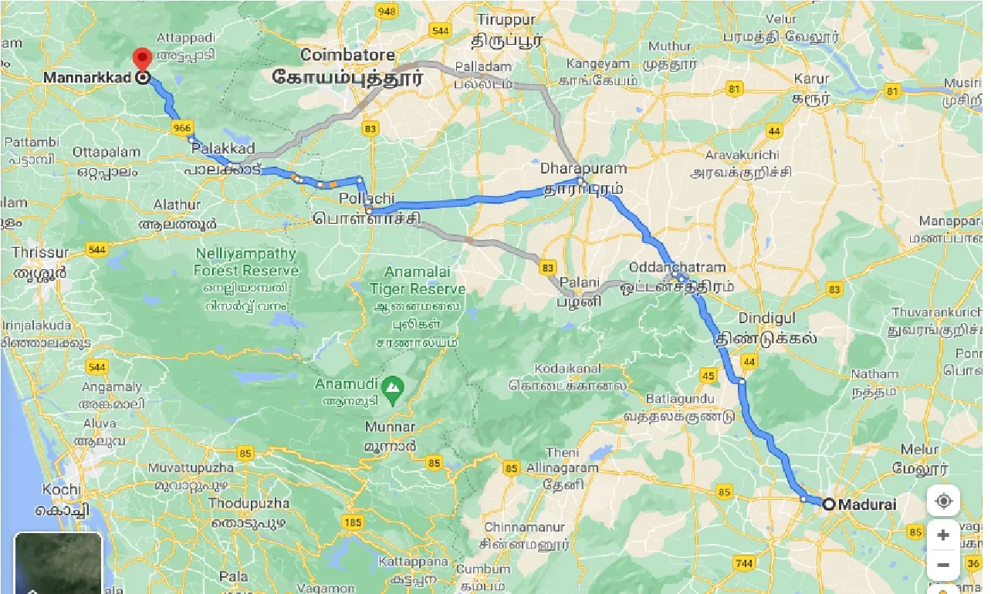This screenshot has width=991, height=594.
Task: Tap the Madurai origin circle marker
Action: point(828,505)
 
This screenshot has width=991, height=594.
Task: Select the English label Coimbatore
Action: point(347,56)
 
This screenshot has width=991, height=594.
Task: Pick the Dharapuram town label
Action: point(583,167)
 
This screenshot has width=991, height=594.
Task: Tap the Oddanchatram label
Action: point(677,267)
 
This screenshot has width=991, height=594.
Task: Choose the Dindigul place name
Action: point(766,318)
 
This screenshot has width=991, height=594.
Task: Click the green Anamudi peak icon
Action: point(393,384)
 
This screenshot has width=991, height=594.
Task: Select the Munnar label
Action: point(391,427)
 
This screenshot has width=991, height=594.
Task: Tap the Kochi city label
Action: point(62,490)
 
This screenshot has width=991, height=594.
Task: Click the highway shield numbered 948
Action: point(386,11)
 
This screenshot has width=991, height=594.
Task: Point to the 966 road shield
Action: point(182,128)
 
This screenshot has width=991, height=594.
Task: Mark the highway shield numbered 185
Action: point(353,523)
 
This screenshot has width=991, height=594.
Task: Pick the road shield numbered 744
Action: point(744,564)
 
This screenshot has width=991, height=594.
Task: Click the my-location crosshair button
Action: point(942,501)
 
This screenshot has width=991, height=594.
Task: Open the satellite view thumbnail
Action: point(59,562)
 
